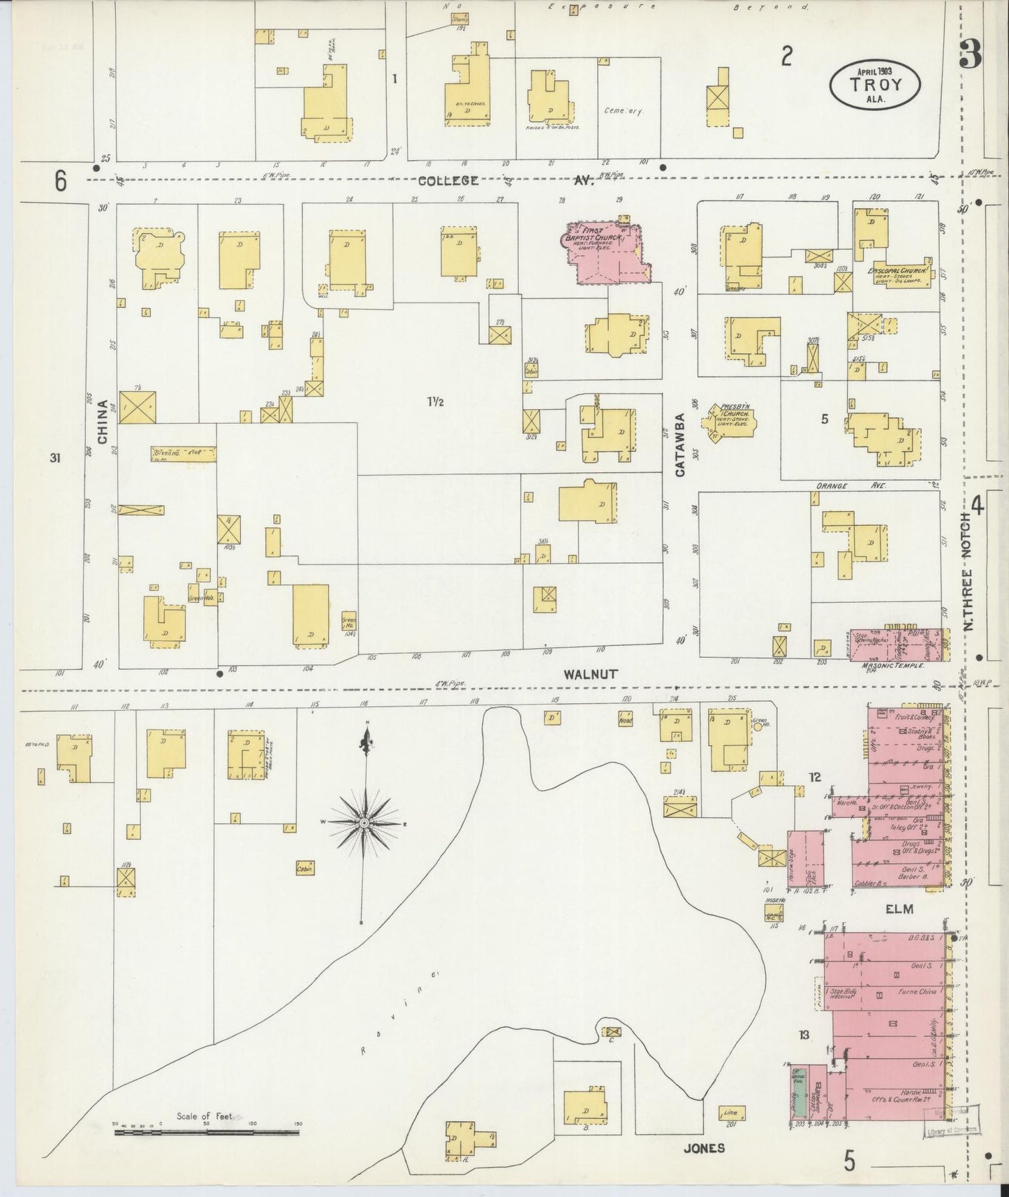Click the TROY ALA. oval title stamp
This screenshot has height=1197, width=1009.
pyautogui.click(x=875, y=83)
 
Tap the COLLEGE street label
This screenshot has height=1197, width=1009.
pyautogui.click(x=448, y=181)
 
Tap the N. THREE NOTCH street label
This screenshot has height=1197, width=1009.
pyautogui.click(x=967, y=571)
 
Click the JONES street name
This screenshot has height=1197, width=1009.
pyautogui.click(x=705, y=1147)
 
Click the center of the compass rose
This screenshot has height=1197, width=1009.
pyautogui.click(x=364, y=824)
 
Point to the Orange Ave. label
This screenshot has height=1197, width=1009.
pyautogui.click(x=850, y=485)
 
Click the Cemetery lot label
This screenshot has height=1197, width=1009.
pyautogui.click(x=623, y=111)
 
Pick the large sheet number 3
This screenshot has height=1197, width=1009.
pyautogui.click(x=970, y=52)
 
